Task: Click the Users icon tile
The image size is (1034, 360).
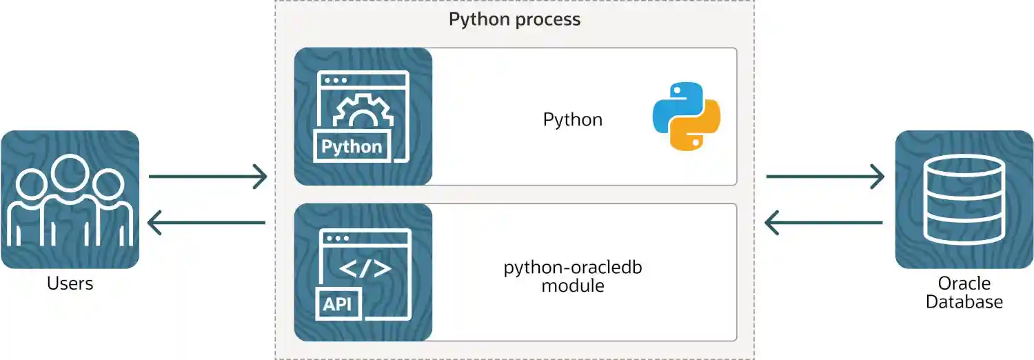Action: click(x=70, y=199)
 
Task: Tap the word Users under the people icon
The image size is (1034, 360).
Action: click(x=70, y=283)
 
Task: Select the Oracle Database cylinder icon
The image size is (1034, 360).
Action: click(x=964, y=199)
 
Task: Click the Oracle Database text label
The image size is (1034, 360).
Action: click(x=964, y=292)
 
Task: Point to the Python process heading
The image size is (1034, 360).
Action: click(x=514, y=19)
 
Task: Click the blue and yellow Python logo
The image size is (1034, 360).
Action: click(x=686, y=116)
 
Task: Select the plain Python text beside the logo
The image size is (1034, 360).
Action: click(x=572, y=120)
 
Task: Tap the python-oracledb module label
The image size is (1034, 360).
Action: click(x=572, y=277)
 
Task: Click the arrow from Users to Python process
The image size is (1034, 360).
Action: click(x=207, y=177)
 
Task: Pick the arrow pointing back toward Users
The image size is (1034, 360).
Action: click(x=207, y=223)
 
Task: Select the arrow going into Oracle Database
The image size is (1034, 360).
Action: click(x=824, y=177)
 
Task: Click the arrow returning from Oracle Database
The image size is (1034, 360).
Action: click(x=824, y=223)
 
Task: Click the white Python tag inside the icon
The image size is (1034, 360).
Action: click(x=352, y=147)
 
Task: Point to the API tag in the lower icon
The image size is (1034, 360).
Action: click(x=338, y=303)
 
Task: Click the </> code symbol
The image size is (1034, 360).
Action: click(x=365, y=268)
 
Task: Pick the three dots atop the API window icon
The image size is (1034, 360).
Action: click(x=336, y=238)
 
